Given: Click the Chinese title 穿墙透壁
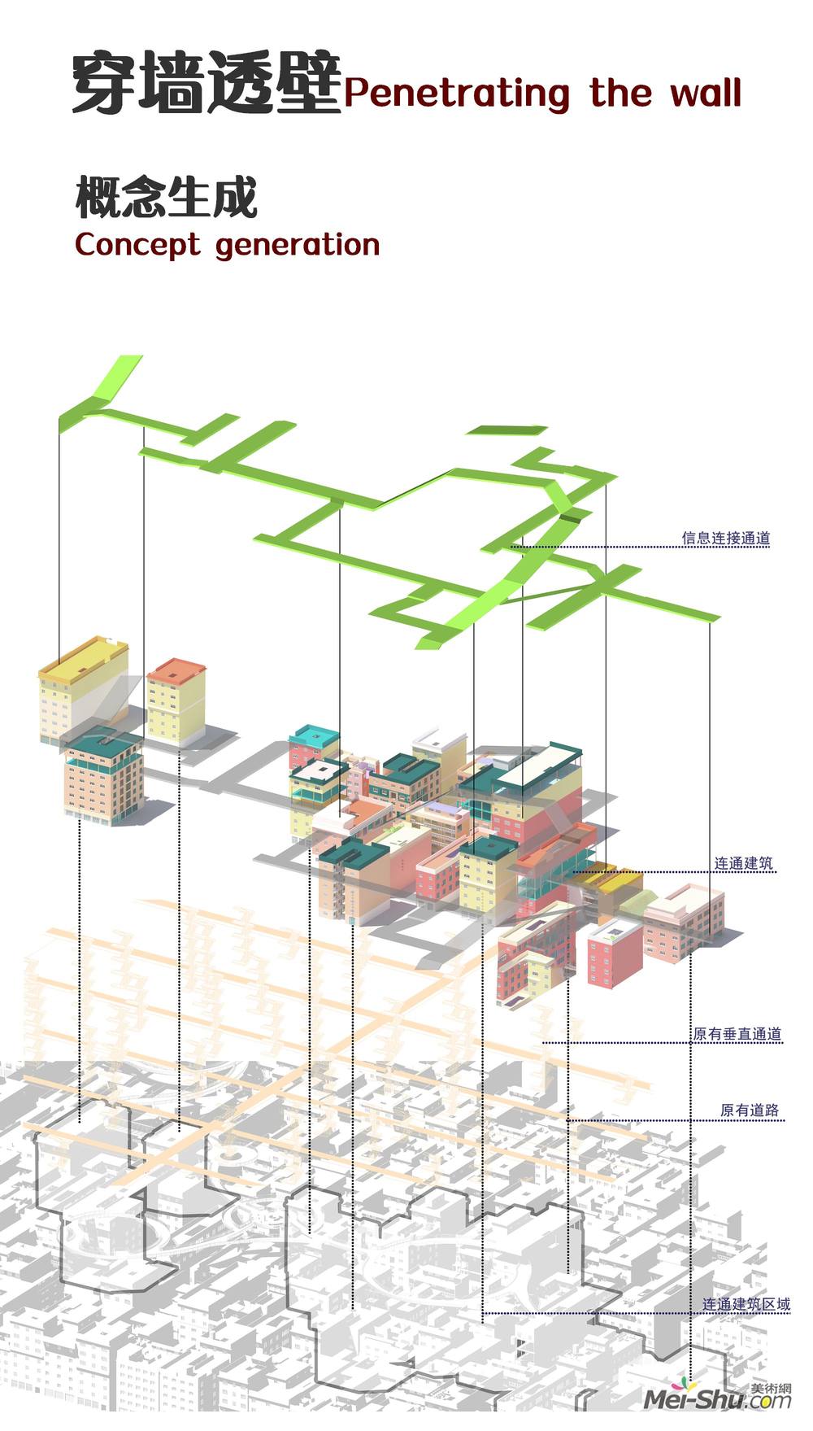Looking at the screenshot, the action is pos(207,83).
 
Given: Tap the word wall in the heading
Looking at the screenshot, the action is pos(706,91).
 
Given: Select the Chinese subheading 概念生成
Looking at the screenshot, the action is pos(167,198).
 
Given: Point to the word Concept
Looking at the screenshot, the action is pos(137,245).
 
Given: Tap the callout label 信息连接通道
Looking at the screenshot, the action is pos(726,538).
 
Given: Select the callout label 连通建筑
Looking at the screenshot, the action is pos(743,863).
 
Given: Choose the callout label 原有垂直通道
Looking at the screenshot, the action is pos(737,1034).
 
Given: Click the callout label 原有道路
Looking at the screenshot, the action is pos(750,1110).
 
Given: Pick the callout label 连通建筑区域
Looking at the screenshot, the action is pos(746,1304).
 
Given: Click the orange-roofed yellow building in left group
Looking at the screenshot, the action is pos(176,701).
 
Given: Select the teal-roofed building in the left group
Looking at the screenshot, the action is pos(104,777).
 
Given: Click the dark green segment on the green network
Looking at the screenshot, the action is pos(572,515).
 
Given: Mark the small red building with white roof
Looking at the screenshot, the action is pos(615,953).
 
